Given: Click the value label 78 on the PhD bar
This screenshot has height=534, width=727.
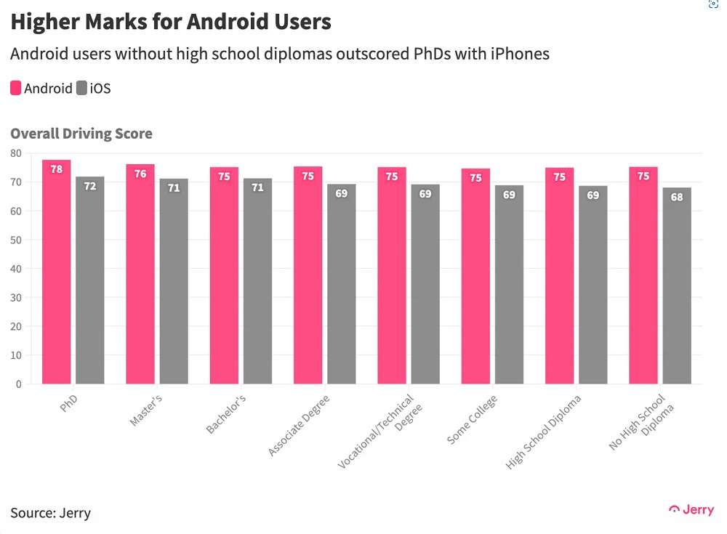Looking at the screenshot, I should [56, 169].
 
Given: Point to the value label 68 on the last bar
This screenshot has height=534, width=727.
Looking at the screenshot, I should [677, 197].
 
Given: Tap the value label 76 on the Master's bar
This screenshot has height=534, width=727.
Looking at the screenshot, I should [140, 174].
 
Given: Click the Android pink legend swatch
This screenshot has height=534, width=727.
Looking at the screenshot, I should [16, 89].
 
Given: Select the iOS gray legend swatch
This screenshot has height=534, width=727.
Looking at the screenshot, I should [81, 89].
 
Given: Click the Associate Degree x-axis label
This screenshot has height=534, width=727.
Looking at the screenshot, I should [299, 426].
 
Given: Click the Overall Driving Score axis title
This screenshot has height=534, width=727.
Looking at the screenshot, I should [81, 134].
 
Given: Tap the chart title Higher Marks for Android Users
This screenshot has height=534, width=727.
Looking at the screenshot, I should [171, 22].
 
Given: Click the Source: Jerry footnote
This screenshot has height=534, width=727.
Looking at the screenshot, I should [51, 513].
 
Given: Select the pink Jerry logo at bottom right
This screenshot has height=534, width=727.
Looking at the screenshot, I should [691, 510].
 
